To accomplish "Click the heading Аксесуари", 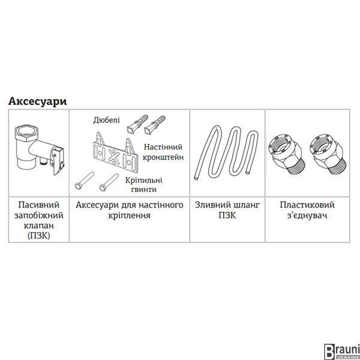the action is pos(37,101).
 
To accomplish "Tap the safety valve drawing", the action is pos(39,149).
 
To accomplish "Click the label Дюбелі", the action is pos(107,120).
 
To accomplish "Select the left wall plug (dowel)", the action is pos(137,124).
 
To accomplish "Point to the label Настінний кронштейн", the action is pos(163,152).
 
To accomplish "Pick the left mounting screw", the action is pos(84,181).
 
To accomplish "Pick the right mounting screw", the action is pos(109,182).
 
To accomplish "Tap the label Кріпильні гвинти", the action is pos(144,185).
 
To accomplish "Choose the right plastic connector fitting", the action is pos(328,154).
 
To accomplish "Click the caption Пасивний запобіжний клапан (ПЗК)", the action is pos(39,220).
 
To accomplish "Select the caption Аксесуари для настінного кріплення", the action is pos(130,210).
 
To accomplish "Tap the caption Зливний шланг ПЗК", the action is pos(227,210).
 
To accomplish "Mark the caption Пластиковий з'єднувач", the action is pos(307,210).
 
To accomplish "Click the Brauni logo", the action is pos(341,351).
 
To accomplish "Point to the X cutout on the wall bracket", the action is pos(114,157).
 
